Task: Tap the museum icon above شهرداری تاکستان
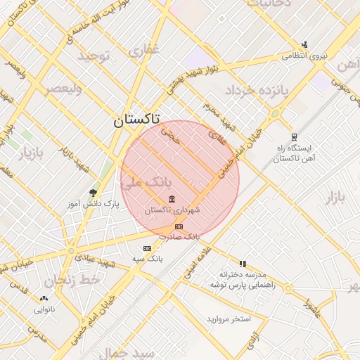[x=172, y=200]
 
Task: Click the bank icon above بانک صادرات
[x=179, y=226]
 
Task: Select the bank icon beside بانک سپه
[x=147, y=248]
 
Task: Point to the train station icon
[x=293, y=138]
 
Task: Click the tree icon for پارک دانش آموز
[x=93, y=193]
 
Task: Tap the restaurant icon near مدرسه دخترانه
[x=243, y=263]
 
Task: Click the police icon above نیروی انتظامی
[x=304, y=44]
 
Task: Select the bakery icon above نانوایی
[x=44, y=298]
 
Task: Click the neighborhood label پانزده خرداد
[x=257, y=90]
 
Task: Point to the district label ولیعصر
[x=63, y=89]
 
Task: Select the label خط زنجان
[x=73, y=281]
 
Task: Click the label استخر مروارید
[x=229, y=319]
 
